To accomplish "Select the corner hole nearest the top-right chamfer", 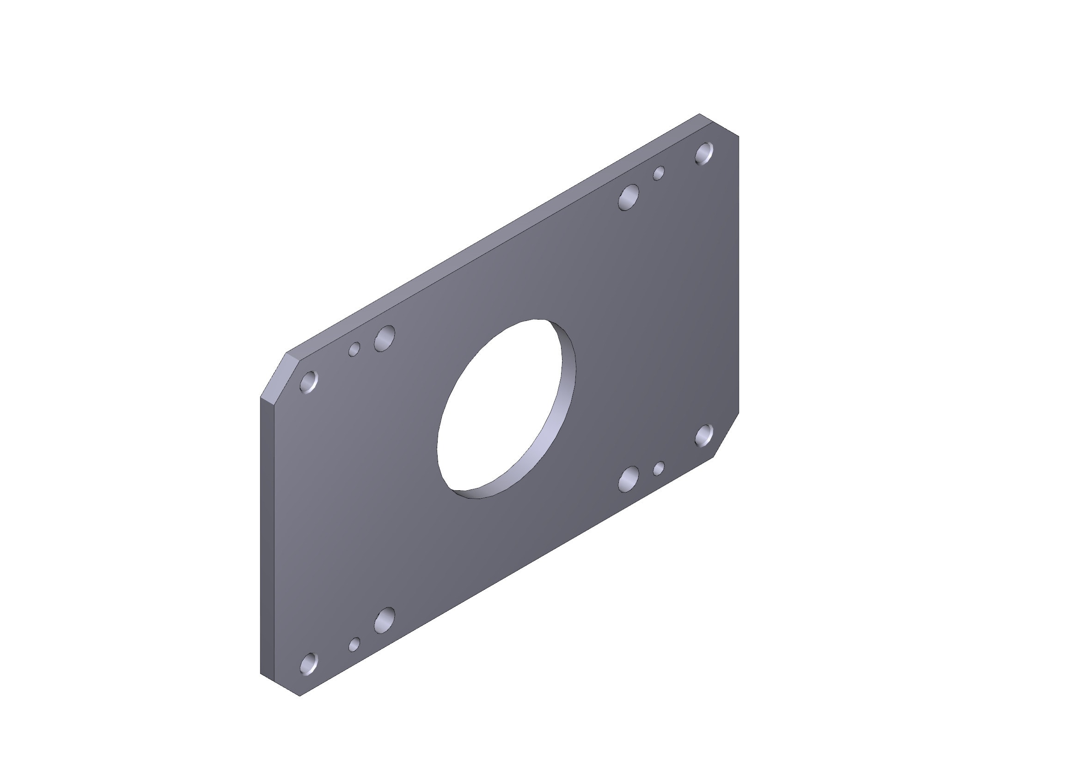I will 704,153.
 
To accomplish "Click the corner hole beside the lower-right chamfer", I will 704,435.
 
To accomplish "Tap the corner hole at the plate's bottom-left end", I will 309,664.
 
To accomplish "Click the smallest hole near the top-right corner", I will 659,173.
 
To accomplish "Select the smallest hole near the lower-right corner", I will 659,468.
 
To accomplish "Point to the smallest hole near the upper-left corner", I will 354,349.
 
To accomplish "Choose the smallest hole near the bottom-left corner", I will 354,644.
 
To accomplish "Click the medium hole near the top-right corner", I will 628,197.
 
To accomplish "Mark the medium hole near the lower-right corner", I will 628,479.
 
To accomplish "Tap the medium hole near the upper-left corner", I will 384,338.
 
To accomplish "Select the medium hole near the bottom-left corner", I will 384,620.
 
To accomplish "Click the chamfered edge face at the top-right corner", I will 719,125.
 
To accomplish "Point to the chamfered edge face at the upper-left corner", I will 281,375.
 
